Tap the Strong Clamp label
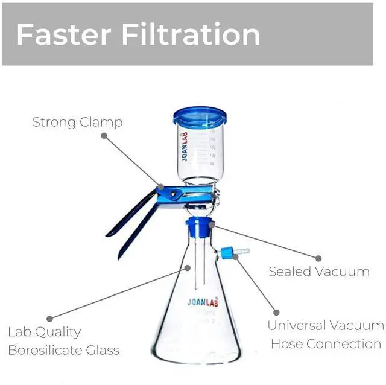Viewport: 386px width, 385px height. coord(77,122)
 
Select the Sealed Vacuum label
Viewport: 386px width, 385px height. coord(319,272)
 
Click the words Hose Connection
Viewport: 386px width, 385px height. coord(326,344)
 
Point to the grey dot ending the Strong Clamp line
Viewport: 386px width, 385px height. coord(104,136)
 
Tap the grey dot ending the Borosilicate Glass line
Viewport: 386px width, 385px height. coord(49,318)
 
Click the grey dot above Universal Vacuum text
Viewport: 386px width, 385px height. coord(276,312)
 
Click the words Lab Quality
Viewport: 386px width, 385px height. coord(44,332)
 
